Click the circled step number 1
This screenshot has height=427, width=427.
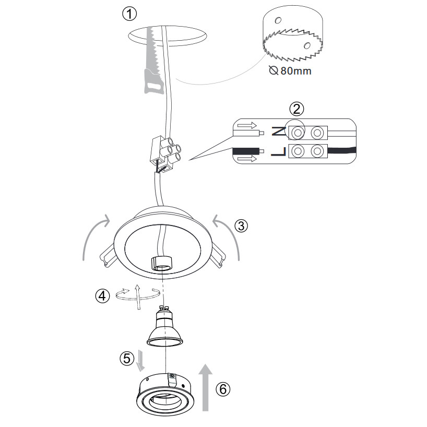click(129, 14)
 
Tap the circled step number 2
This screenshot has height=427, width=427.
click(296, 109)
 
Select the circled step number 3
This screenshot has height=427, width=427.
click(241, 226)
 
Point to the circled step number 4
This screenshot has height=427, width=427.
click(102, 296)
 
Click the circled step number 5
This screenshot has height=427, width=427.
click(127, 358)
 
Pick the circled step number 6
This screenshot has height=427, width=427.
click(223, 389)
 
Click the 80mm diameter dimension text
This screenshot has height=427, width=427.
click(290, 71)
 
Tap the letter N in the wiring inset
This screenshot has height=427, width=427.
click(279, 132)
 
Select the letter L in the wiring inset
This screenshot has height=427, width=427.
click(278, 152)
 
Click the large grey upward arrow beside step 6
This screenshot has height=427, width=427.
click(206, 387)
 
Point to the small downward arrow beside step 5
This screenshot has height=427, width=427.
click(140, 361)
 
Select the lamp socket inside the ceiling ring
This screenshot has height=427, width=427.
click(162, 263)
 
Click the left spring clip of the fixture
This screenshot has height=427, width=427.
click(108, 256)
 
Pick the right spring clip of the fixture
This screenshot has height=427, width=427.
click(218, 255)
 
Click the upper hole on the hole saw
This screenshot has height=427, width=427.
click(278, 20)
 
